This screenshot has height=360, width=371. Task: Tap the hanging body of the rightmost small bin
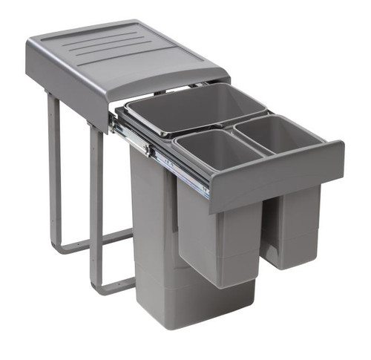(293, 223)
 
